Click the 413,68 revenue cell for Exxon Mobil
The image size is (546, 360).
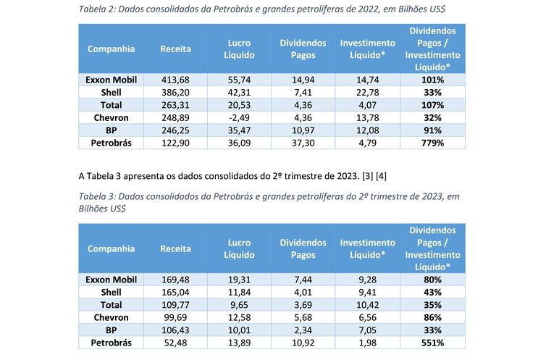(175, 80)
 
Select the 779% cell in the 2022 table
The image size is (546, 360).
(433, 143)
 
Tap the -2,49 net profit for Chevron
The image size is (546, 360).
(239, 117)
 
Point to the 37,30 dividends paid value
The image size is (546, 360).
(303, 143)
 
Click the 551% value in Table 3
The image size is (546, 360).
(433, 343)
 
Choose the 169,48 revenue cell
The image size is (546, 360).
(175, 279)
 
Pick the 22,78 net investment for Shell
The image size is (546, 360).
(368, 92)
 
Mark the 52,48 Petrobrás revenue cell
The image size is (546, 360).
(175, 343)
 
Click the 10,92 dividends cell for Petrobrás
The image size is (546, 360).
(303, 343)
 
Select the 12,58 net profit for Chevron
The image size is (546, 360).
(239, 317)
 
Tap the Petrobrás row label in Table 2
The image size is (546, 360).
(111, 143)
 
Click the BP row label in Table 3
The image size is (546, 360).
(111, 330)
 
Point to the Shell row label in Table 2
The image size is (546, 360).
(111, 92)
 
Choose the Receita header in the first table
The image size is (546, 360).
(175, 49)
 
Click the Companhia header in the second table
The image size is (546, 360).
(111, 248)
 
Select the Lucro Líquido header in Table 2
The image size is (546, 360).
(239, 49)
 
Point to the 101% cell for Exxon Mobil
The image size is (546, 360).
(433, 80)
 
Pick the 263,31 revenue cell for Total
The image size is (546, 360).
(175, 105)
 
